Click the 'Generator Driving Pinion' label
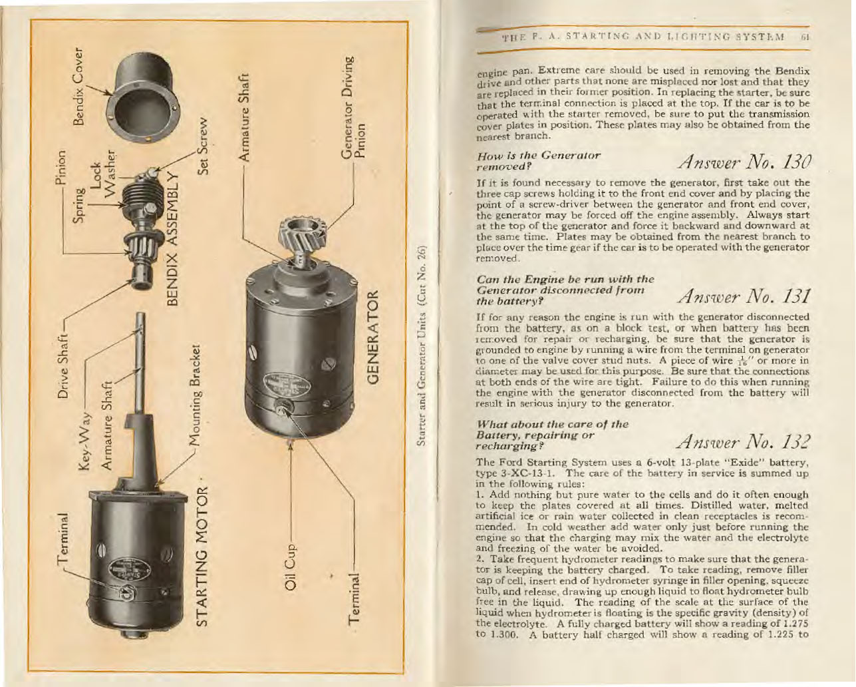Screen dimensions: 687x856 coord(353,107)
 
